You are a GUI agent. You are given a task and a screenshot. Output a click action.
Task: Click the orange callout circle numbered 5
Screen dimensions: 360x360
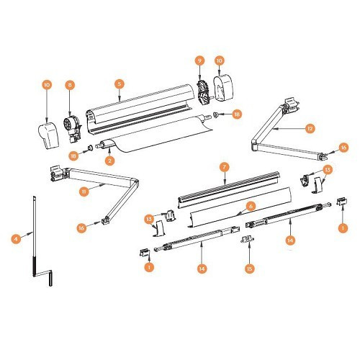coord(120,84)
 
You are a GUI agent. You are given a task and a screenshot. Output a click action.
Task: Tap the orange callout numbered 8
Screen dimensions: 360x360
coord(70,86)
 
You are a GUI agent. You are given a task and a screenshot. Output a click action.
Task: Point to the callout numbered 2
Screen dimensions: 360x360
coord(109,161)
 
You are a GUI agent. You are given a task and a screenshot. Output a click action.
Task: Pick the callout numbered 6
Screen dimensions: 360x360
coord(251,205)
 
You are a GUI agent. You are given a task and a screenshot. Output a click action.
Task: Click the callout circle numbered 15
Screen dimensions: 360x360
coord(250,269)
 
